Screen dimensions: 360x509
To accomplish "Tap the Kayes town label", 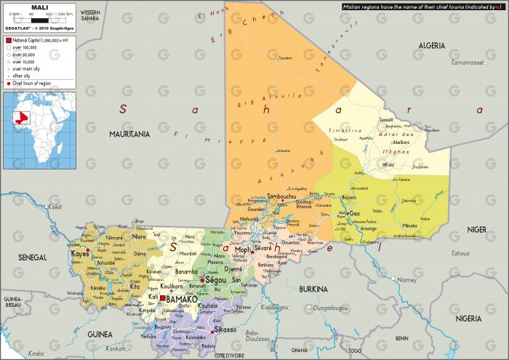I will pos(79,255).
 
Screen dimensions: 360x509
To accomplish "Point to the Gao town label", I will pos(355,214).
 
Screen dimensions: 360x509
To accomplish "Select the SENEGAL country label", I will pos(32,257).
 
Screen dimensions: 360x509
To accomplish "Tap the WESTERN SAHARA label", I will pos(90,16).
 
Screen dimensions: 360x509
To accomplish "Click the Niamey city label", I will pos(407,279).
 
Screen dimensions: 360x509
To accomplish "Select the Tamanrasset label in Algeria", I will pos(468,63).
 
